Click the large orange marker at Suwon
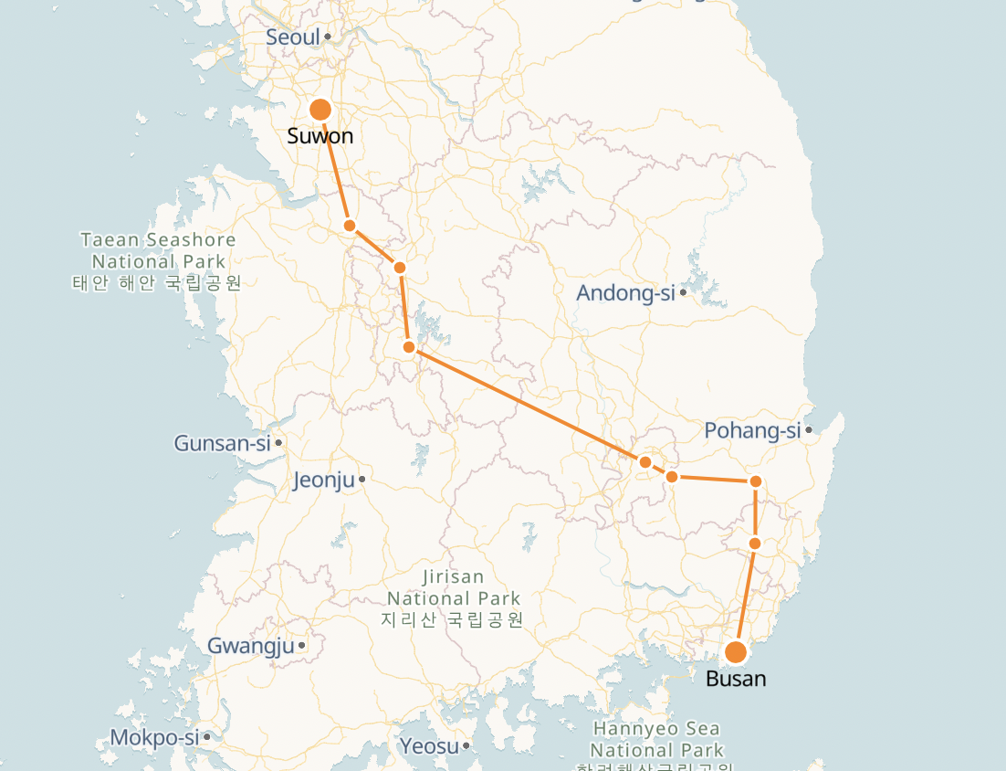(320, 110)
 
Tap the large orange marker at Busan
(736, 652)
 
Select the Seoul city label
(293, 37)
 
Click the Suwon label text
(320, 137)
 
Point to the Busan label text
(736, 679)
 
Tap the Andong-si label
(625, 293)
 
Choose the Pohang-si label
(752, 430)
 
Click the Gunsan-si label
(223, 444)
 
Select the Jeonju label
(323, 481)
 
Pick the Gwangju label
(251, 646)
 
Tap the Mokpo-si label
(154, 737)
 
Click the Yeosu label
(428, 746)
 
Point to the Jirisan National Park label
(454, 598)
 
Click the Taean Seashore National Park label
(157, 260)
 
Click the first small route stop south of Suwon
(349, 226)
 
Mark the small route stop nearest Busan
(755, 544)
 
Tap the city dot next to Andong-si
(683, 292)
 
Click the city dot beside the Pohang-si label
(809, 429)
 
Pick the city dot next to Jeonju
(362, 479)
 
